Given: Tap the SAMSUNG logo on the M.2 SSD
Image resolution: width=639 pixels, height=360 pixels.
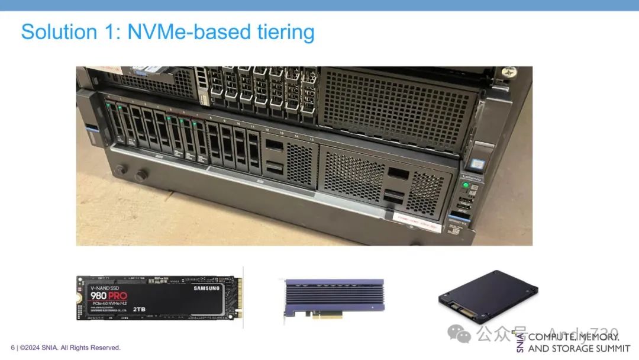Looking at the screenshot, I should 206,288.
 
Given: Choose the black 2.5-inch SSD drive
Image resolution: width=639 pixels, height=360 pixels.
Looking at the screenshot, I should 488,296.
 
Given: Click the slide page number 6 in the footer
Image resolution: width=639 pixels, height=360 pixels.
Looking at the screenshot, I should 12,348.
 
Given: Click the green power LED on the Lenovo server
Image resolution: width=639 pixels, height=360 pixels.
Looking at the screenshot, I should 466,185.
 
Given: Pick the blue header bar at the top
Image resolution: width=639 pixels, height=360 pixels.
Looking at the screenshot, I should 319,5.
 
